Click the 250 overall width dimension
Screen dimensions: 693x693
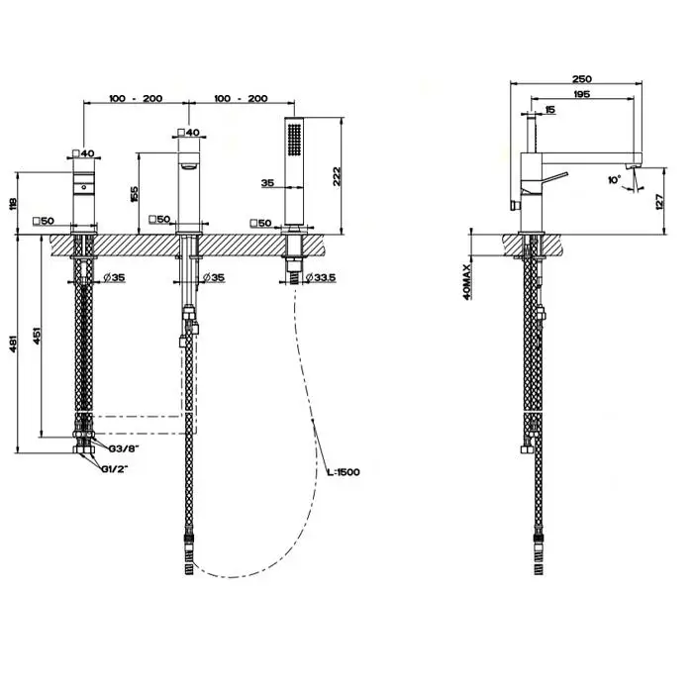(582, 79)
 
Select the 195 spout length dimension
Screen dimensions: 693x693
(582, 94)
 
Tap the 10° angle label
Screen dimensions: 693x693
(614, 179)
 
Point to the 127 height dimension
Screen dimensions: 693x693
(660, 201)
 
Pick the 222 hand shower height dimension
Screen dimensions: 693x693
(337, 176)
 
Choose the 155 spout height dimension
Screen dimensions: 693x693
(134, 194)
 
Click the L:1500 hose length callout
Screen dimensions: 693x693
(344, 472)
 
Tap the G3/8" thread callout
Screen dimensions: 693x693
(124, 448)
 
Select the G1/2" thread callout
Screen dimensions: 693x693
(115, 469)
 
